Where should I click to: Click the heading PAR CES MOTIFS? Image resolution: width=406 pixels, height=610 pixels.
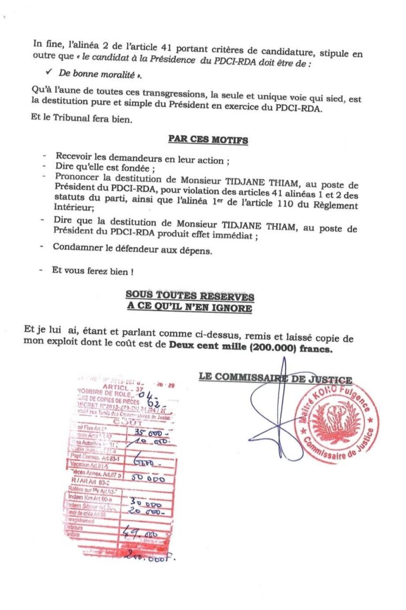[x=208, y=140]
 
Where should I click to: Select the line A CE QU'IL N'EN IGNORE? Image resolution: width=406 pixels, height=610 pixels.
[x=189, y=307]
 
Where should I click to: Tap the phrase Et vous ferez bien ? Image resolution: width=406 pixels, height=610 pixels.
[x=92, y=270]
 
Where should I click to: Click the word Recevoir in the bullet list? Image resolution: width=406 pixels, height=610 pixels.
[x=72, y=159]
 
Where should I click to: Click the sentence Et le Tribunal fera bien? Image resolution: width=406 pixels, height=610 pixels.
[x=81, y=119]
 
